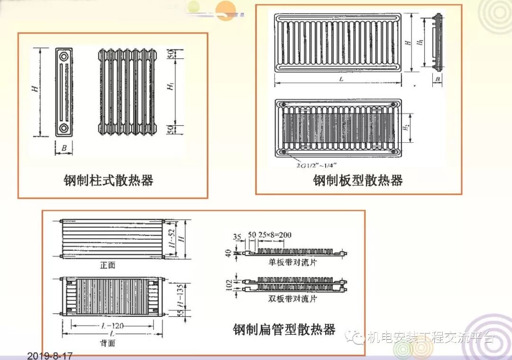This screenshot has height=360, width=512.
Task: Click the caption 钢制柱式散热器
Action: pyautogui.click(x=109, y=181)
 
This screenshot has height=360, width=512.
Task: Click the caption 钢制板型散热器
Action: pyautogui.click(x=358, y=181)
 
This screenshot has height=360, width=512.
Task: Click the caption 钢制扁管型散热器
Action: pyautogui.click(x=284, y=330)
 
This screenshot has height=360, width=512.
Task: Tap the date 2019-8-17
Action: pyautogui.click(x=50, y=355)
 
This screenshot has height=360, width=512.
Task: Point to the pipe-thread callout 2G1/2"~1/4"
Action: pyautogui.click(x=315, y=166)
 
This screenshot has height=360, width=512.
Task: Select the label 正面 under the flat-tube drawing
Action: pyautogui.click(x=108, y=266)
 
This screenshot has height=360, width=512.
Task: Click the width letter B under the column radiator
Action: pyautogui.click(x=64, y=148)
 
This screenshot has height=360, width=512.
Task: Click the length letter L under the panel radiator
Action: pyautogui.click(x=340, y=79)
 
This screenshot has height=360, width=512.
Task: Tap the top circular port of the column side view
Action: pyautogui.click(x=64, y=56)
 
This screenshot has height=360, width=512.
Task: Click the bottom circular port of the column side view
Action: pyautogui.click(x=64, y=128)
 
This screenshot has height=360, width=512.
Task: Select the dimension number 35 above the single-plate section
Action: pyautogui.click(x=237, y=236)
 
